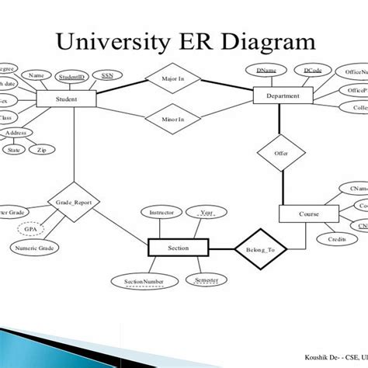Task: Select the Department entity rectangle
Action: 283,96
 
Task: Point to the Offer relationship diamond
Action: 280,154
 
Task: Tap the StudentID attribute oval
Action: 71,77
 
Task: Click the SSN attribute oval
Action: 106,76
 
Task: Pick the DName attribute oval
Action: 266,71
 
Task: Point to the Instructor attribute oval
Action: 161,211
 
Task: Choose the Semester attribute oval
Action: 206,279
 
